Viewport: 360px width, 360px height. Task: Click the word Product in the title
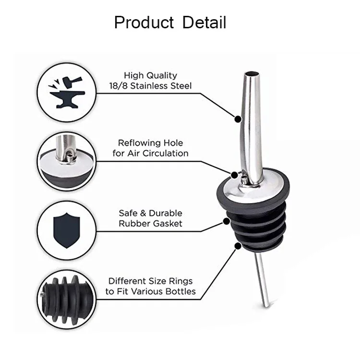(144, 23)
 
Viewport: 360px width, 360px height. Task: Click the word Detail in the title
(204, 23)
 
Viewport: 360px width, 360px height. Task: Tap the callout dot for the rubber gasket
(226, 221)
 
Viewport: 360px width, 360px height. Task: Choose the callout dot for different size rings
(237, 245)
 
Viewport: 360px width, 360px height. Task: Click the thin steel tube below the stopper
(262, 284)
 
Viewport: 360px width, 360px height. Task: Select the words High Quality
(150, 75)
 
